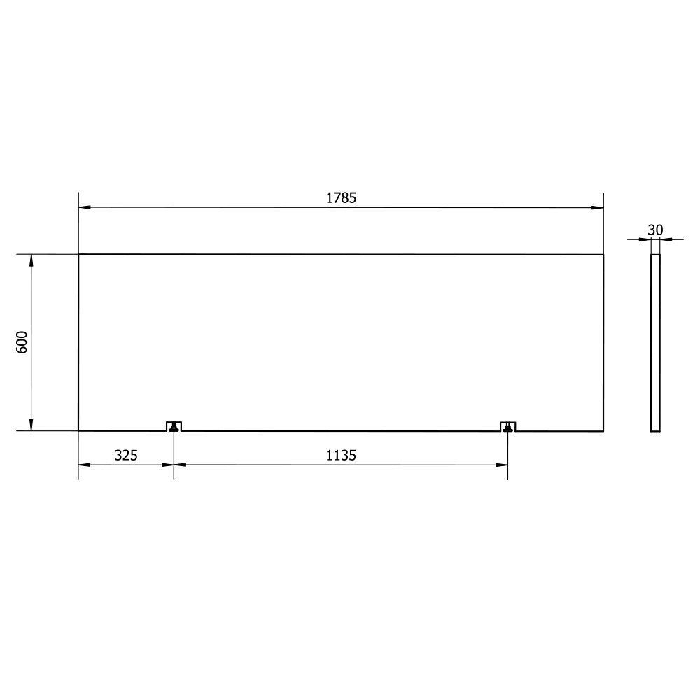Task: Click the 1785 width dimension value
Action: tap(341, 198)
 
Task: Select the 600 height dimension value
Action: tap(22, 342)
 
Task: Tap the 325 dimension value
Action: tap(126, 456)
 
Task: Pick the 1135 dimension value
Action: tap(341, 456)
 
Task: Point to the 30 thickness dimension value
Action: tap(655, 230)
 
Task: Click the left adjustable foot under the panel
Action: tap(174, 428)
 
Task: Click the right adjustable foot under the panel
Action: tap(507, 428)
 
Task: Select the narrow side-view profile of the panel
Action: tap(655, 343)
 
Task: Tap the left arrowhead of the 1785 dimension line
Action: tap(85, 207)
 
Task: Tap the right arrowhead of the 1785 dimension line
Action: tap(597, 207)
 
